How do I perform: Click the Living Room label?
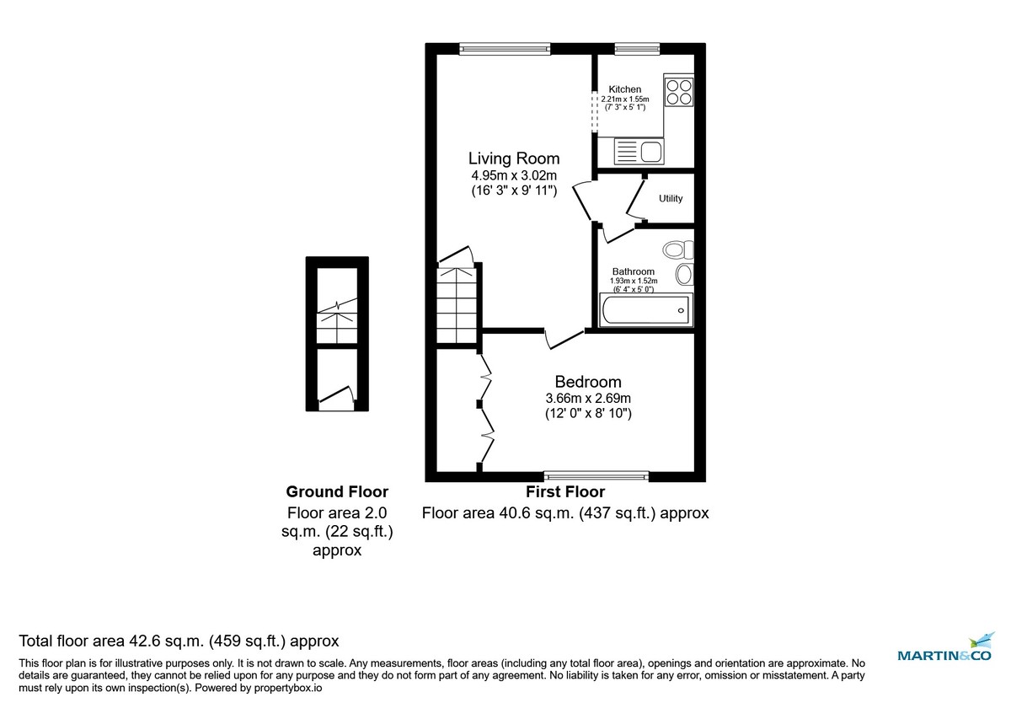(514, 158)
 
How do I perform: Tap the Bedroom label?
(587, 382)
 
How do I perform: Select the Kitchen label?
(625, 89)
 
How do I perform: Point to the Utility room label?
(671, 198)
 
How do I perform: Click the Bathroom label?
(634, 271)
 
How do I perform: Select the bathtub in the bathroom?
(645, 310)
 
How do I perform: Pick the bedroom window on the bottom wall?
(596, 476)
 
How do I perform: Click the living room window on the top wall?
(505, 49)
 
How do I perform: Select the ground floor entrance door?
(337, 398)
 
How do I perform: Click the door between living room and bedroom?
(563, 338)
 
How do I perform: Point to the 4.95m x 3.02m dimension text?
(514, 175)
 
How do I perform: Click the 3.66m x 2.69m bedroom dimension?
(587, 399)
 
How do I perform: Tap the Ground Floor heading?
(337, 491)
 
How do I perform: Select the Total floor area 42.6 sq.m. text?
(179, 641)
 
